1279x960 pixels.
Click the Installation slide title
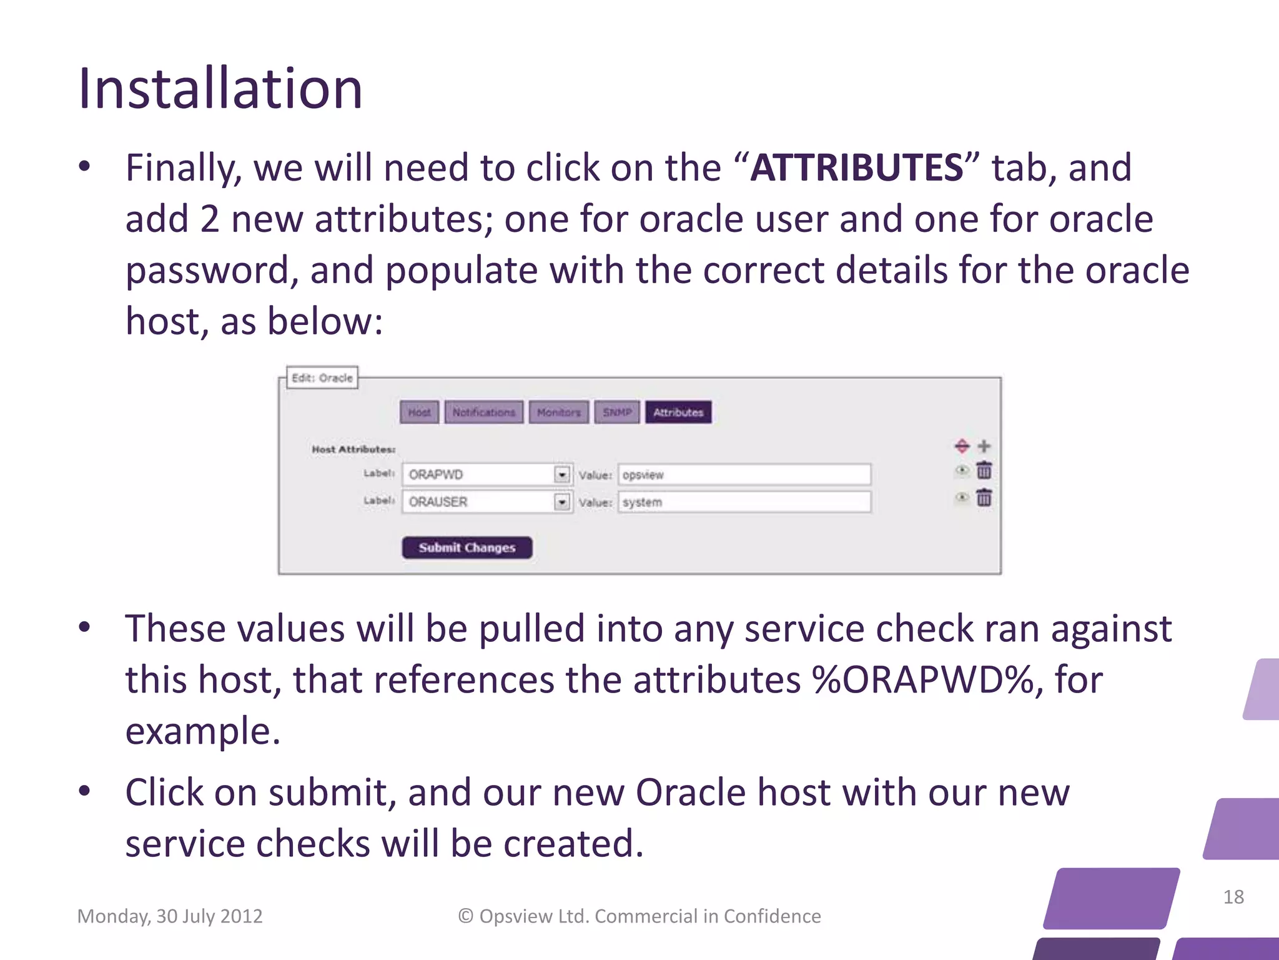pos(220,89)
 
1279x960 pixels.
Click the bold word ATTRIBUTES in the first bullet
pos(857,167)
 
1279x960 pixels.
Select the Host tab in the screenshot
pos(419,412)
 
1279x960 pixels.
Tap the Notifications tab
pos(483,412)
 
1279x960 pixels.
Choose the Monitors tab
pos(558,412)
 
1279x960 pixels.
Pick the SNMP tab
pos(616,412)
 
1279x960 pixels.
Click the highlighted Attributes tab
pos(678,412)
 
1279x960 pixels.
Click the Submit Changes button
pos(467,547)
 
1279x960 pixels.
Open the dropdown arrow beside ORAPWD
pos(562,475)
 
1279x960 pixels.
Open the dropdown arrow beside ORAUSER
pos(562,502)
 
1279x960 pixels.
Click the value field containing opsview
pos(743,475)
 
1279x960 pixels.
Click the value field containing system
pos(743,502)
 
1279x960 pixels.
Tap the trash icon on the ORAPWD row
pos(984,470)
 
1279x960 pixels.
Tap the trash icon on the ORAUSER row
pos(984,497)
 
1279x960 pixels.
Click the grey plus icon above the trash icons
pos(984,446)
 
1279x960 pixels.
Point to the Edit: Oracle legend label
pos(322,378)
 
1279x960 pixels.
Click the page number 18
pos(1233,897)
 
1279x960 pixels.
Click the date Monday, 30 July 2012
pos(170,916)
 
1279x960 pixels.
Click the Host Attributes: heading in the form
pos(353,449)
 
